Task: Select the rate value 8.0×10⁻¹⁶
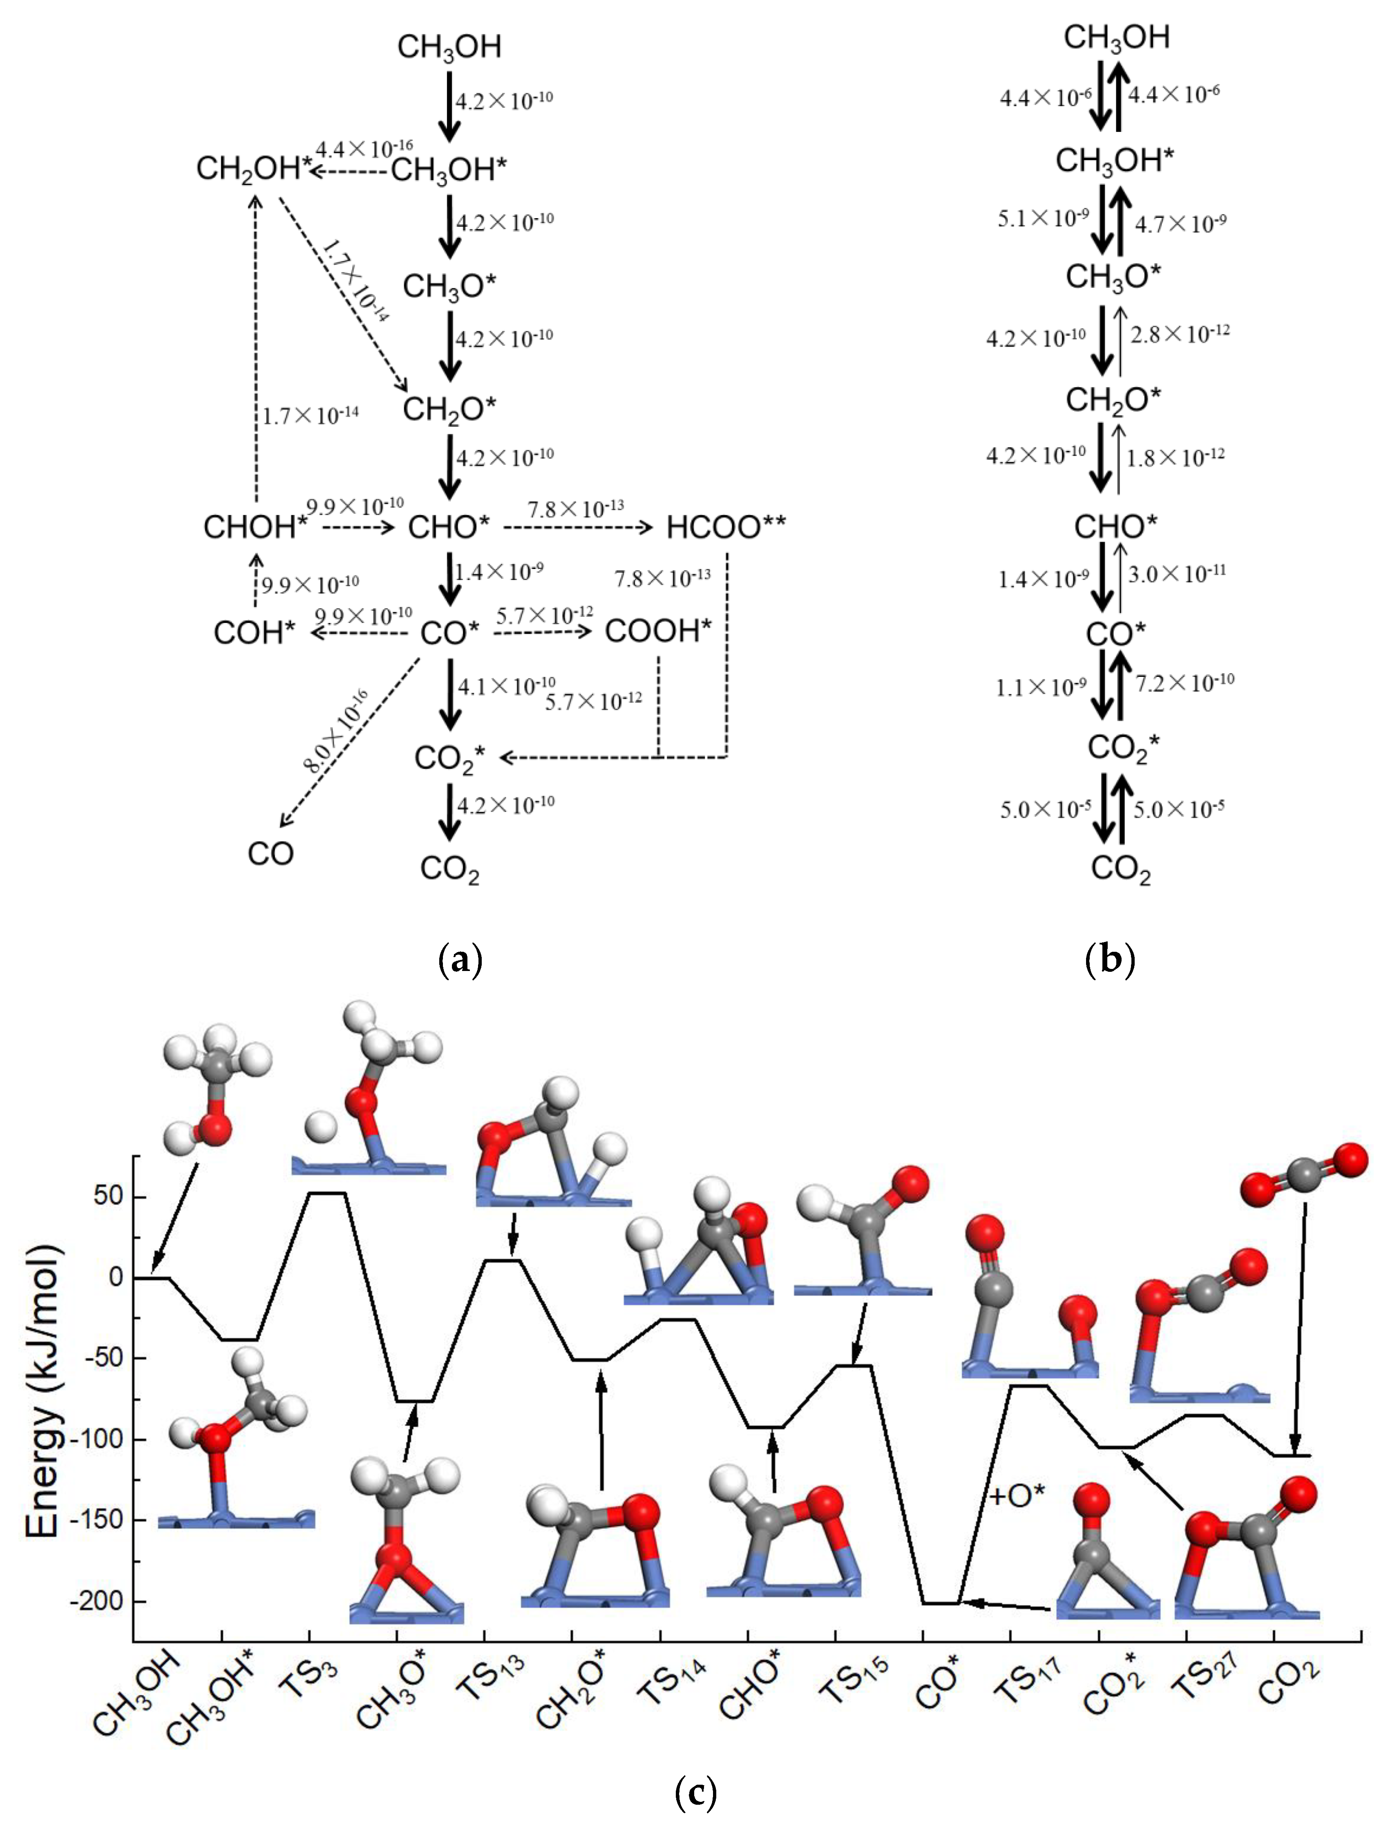click(335, 730)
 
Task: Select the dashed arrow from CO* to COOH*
click(542, 632)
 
